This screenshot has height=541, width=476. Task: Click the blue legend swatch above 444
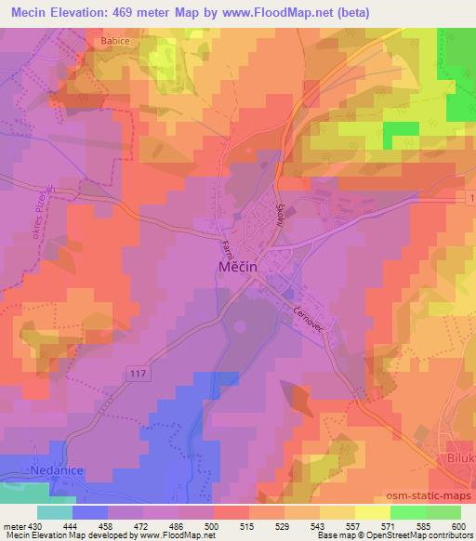90,512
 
